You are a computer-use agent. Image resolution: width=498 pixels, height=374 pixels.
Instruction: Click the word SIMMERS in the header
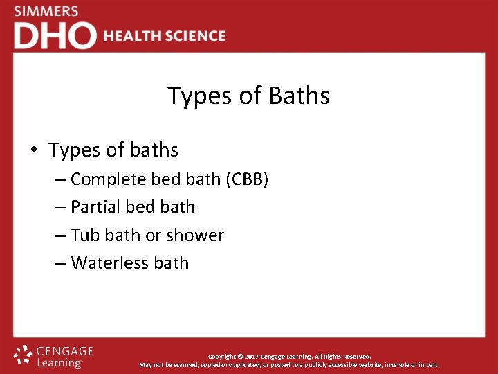[46, 11]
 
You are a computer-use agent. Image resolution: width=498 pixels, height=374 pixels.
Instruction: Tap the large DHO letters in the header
[55, 36]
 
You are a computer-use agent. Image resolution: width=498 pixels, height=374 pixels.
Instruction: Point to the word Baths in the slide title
[298, 96]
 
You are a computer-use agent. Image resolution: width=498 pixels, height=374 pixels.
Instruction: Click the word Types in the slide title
[200, 96]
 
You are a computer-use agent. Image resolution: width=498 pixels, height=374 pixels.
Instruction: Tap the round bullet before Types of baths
[33, 150]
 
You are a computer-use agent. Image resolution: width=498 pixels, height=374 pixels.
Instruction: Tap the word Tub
[85, 235]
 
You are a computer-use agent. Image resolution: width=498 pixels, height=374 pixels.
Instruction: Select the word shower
[195, 235]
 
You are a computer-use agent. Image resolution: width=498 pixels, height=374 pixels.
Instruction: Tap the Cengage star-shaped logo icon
[23, 355]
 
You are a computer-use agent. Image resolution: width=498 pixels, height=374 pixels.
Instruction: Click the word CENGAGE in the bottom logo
[65, 351]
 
